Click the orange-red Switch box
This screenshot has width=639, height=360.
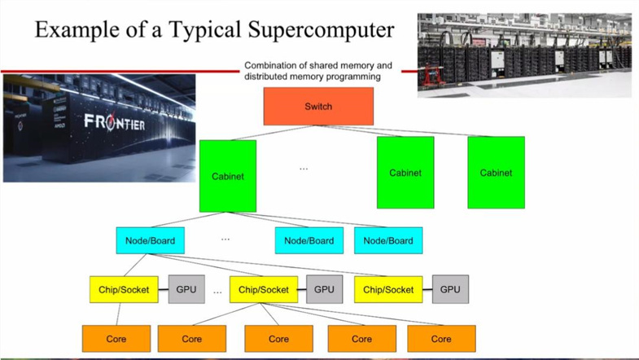(318, 107)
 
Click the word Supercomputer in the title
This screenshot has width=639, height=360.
(322, 30)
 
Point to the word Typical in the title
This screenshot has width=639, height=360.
(205, 30)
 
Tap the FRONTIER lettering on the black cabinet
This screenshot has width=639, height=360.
(115, 122)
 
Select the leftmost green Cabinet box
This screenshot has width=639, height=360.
(228, 176)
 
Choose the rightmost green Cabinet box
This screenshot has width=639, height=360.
(496, 173)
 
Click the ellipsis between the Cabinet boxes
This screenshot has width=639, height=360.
(304, 169)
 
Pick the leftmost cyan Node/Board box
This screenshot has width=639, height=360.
(150, 240)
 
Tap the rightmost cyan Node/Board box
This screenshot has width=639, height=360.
(388, 240)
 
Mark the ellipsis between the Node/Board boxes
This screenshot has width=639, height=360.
(225, 239)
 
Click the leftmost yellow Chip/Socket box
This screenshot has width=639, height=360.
(124, 289)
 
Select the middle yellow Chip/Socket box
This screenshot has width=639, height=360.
(264, 289)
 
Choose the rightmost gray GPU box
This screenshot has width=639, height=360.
(450, 289)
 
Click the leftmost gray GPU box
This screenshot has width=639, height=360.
(186, 289)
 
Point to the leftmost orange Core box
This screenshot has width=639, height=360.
(116, 339)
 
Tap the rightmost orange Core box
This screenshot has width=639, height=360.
(441, 339)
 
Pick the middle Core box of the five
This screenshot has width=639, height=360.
(278, 339)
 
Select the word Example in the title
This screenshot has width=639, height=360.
(77, 30)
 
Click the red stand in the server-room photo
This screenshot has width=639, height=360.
(431, 76)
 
